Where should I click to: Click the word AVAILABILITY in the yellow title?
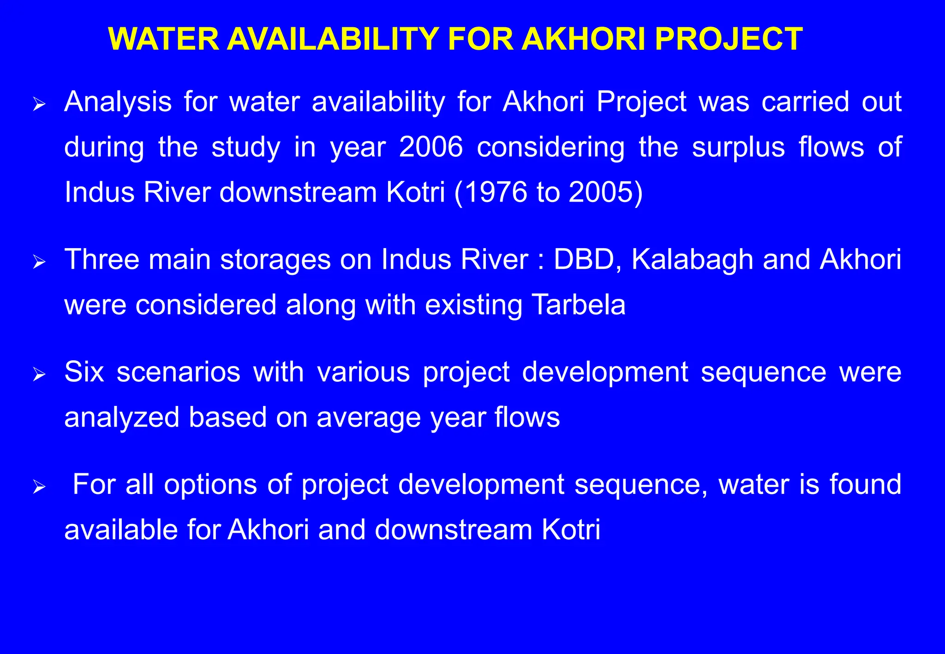tap(332, 39)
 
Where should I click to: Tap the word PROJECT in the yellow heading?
tap(729, 39)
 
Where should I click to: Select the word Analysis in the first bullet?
tap(118, 101)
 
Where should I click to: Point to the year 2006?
tap(431, 147)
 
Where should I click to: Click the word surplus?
tap(738, 148)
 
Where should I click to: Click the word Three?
tap(102, 259)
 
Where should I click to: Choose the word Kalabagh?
tap(692, 260)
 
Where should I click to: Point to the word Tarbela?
tap(579, 305)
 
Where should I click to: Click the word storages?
tap(275, 260)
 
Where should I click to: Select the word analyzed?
tap(122, 417)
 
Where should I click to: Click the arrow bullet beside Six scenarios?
tap(39, 375)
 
